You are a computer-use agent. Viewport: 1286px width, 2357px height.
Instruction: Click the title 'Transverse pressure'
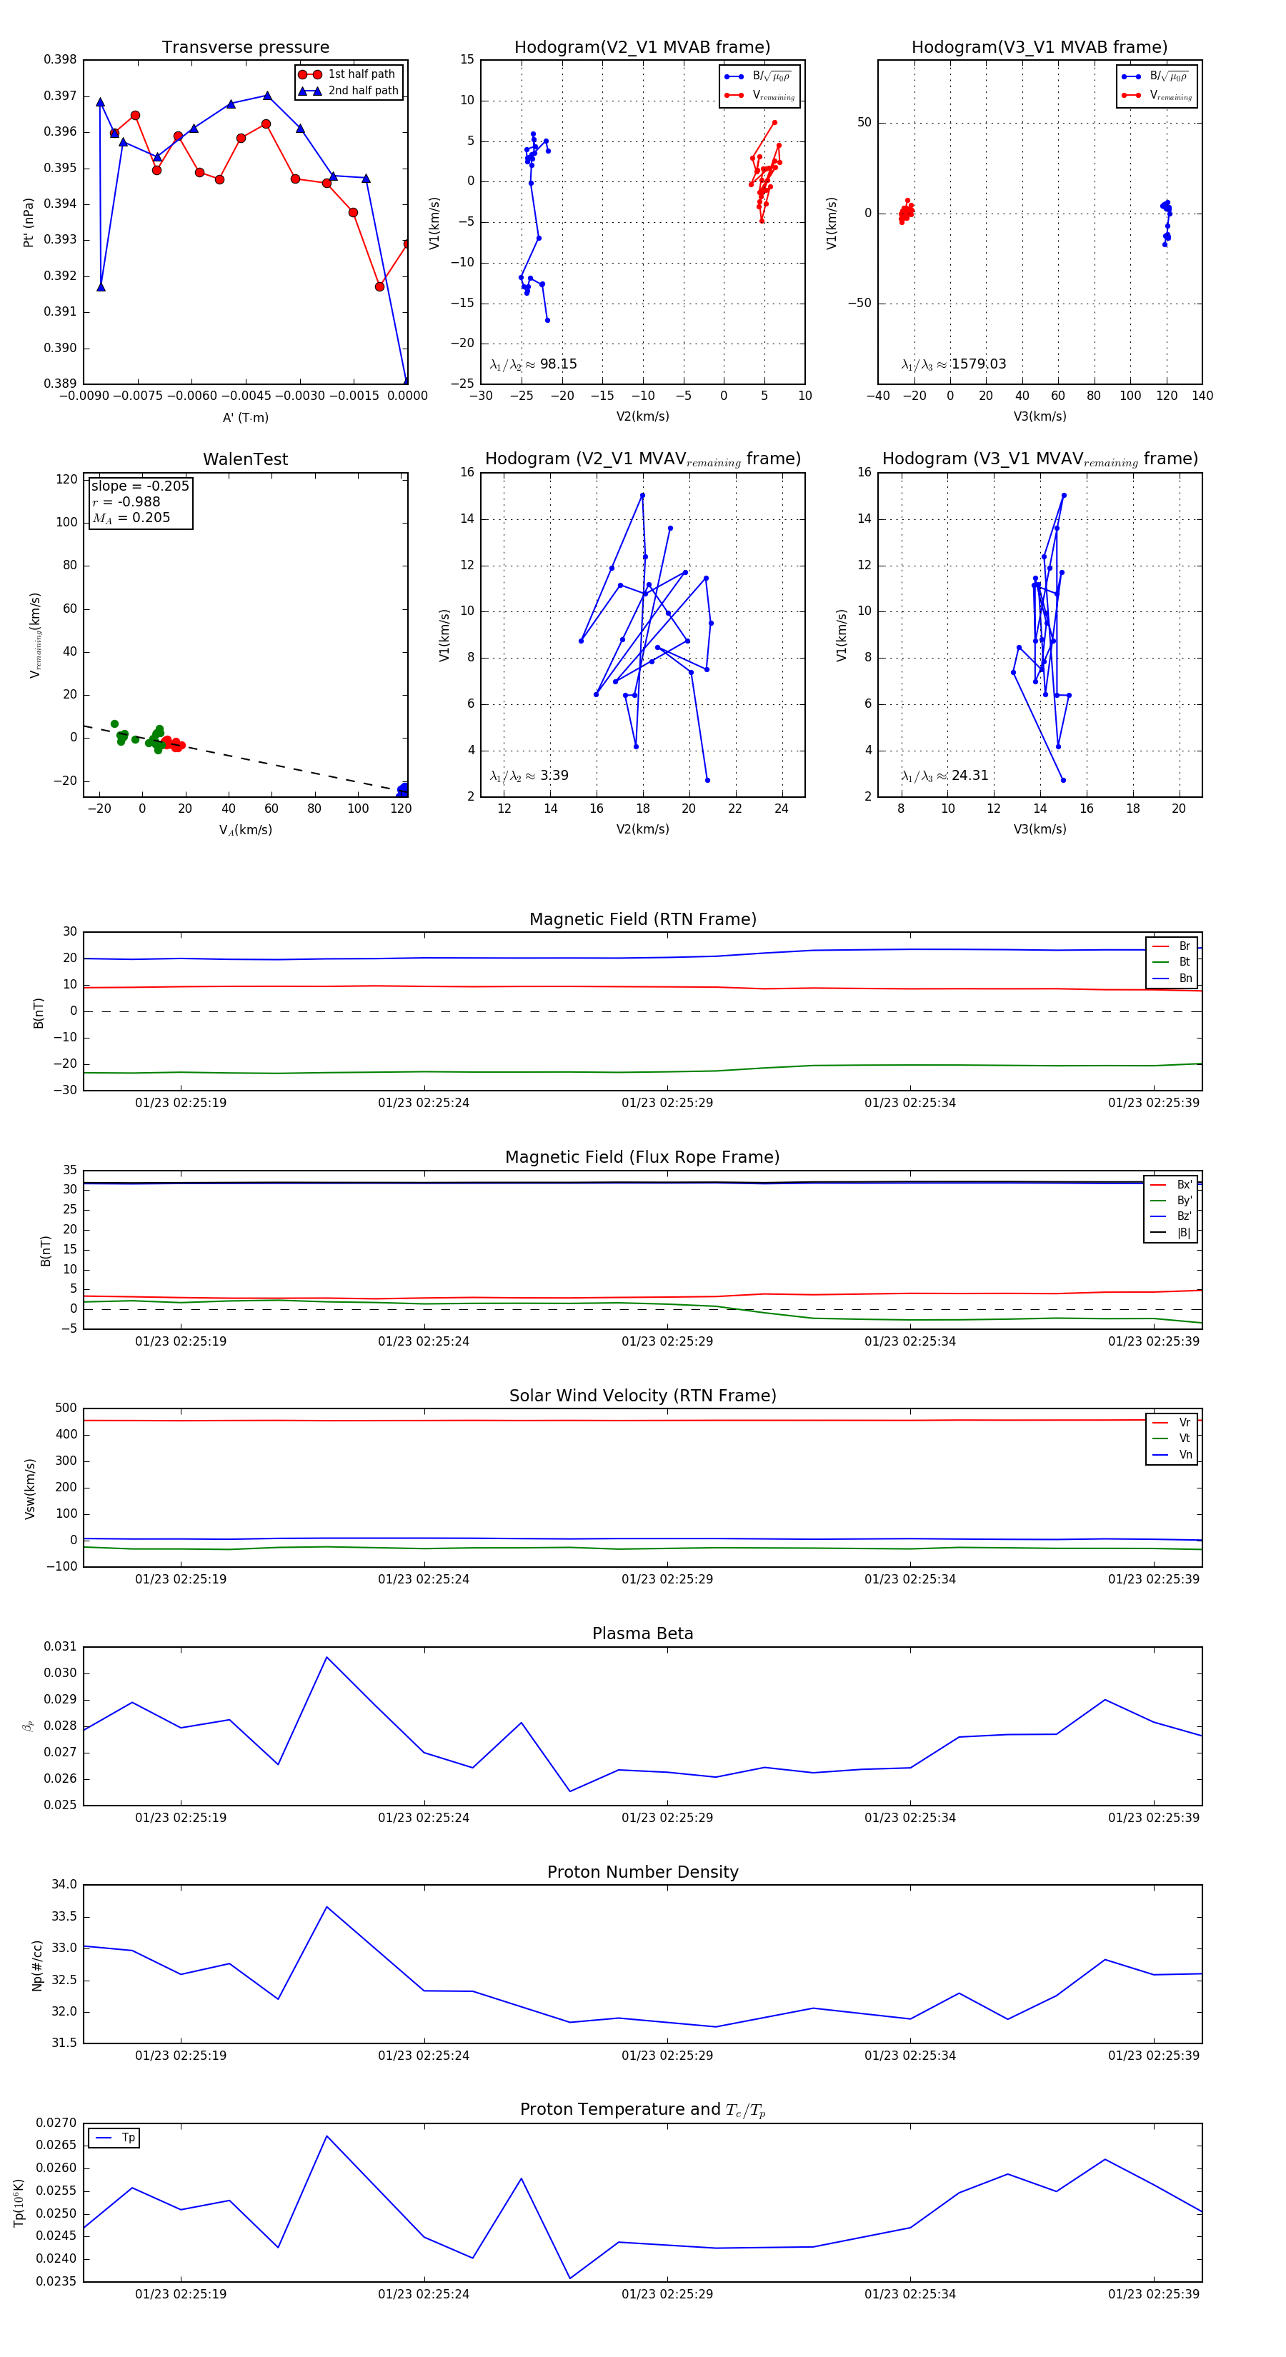pos(245,48)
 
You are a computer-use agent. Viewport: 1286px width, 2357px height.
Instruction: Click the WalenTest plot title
pos(245,459)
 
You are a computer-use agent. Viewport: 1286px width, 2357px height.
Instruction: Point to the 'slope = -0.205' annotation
pos(140,486)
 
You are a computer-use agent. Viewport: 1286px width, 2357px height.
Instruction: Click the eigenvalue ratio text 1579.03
pos(977,364)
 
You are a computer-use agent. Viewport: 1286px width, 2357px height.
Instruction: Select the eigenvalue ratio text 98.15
pos(557,364)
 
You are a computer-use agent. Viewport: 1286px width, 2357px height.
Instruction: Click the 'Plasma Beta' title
pos(642,1634)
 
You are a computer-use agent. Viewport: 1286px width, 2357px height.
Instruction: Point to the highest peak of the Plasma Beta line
pos(327,1657)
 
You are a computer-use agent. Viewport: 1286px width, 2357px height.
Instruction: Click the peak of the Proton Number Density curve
pos(327,1907)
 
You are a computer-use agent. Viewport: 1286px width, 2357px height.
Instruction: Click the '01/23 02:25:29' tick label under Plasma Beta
pos(667,1817)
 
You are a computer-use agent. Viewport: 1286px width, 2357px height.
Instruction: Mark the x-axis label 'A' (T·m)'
pos(245,417)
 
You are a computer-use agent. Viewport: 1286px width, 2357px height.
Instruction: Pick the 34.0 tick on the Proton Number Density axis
pos(64,1885)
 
